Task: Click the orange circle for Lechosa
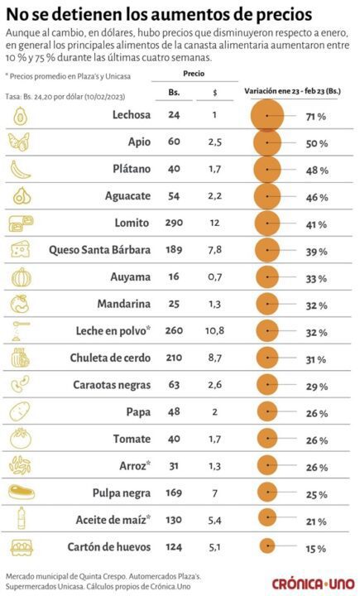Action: coord(267,116)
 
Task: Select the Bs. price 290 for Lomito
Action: coord(175,223)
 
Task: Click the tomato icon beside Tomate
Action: coord(21,438)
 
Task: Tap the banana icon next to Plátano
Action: coord(21,169)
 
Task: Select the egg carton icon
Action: coord(21,546)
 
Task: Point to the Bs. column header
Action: coord(174,93)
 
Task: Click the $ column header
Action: coord(214,93)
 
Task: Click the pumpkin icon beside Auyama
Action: coord(21,276)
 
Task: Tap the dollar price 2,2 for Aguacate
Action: coord(214,196)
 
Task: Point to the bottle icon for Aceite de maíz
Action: coord(21,519)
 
